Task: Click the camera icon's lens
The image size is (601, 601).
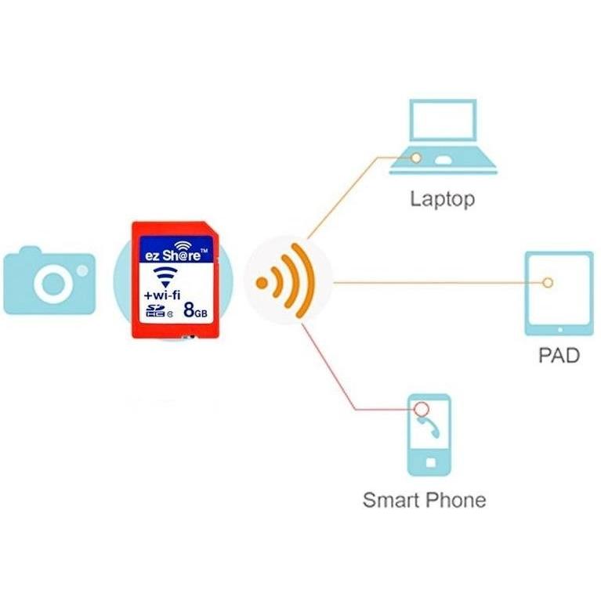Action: tap(53, 284)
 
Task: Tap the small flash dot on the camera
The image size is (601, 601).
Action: tap(82, 270)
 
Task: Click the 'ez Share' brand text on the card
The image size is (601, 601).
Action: tap(172, 255)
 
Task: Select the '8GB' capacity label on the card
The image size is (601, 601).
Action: tap(195, 310)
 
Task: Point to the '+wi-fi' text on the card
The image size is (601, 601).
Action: tap(161, 295)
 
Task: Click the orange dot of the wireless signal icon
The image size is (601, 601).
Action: tap(262, 283)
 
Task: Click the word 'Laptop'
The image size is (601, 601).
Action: tap(443, 199)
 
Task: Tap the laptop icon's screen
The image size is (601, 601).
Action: tap(443, 121)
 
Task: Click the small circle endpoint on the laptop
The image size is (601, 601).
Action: tap(416, 157)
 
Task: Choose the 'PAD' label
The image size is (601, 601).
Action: tap(559, 355)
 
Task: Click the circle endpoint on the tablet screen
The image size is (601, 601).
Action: tap(548, 283)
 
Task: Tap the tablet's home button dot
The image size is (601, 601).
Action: tap(560, 330)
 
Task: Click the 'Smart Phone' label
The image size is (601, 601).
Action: tap(424, 500)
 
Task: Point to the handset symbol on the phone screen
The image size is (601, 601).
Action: tap(429, 426)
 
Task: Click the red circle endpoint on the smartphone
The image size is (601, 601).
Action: tap(422, 409)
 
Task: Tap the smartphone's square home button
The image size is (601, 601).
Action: tap(431, 462)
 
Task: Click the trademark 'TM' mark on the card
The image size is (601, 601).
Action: tap(204, 251)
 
